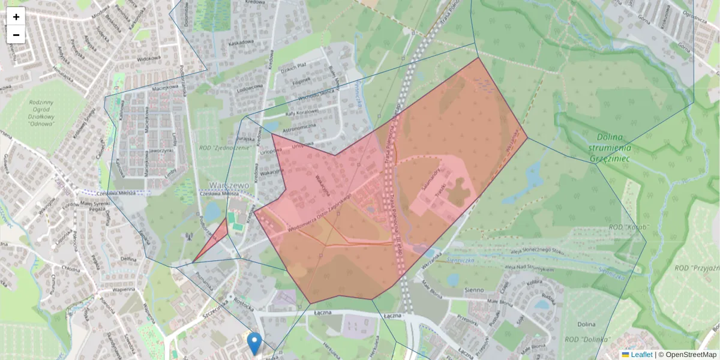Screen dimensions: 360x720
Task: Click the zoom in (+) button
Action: click(x=16, y=16)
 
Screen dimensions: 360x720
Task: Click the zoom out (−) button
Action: click(x=16, y=35)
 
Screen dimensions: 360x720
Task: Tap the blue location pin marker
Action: click(x=254, y=343)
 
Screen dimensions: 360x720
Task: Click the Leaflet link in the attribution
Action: click(x=641, y=355)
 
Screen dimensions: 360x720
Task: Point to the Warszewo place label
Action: click(x=229, y=185)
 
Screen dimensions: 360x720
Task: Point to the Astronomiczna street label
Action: click(x=299, y=127)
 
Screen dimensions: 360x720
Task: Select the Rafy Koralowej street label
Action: click(x=302, y=112)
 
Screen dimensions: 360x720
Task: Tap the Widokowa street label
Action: click(x=149, y=59)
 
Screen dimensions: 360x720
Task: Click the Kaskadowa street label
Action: click(x=241, y=43)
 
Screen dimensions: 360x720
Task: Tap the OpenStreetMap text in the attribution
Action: click(x=691, y=355)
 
